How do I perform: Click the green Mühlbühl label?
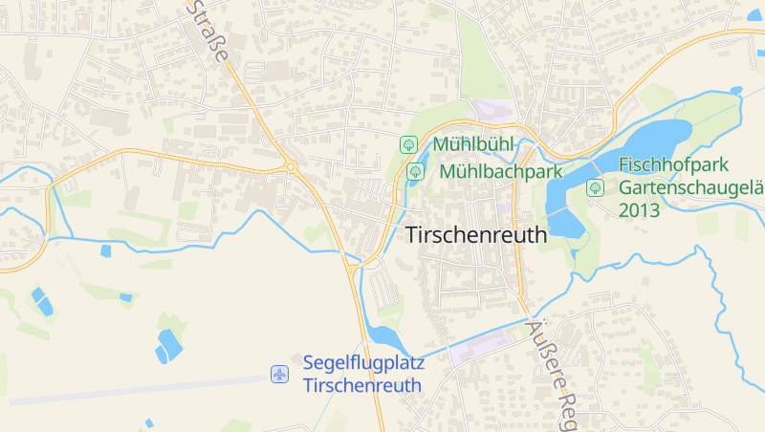pyautogui.click(x=473, y=144)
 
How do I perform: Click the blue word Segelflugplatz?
pyautogui.click(x=362, y=363)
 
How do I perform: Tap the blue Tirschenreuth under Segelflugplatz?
pyautogui.click(x=362, y=385)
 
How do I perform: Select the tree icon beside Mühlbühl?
pyautogui.click(x=408, y=144)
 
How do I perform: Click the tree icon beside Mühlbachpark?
pyautogui.click(x=416, y=172)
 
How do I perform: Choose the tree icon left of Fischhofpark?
pyautogui.click(x=595, y=187)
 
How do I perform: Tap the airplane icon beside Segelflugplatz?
pyautogui.click(x=279, y=374)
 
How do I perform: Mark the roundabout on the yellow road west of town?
pyautogui.click(x=290, y=168)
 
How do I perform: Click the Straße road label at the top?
pyautogui.click(x=210, y=33)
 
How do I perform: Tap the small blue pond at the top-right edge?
pyautogui.click(x=736, y=91)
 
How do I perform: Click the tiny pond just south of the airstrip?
pyautogui.click(x=149, y=422)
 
